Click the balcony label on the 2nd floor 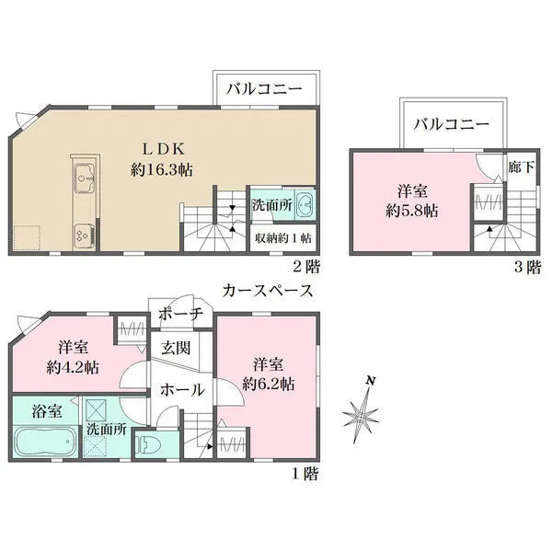pos(265,90)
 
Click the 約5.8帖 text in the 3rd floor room pos(411,211)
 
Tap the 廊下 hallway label pos(520,168)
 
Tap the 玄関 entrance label pos(177,349)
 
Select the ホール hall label pos(182,390)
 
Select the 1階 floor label pos(306,475)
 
